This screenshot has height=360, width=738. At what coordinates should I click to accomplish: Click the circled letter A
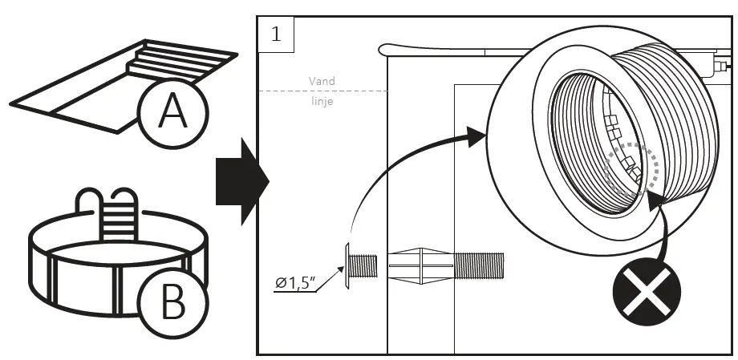(x=171, y=113)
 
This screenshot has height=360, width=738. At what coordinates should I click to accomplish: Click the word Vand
(x=322, y=81)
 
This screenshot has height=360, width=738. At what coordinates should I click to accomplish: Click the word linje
(x=322, y=102)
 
